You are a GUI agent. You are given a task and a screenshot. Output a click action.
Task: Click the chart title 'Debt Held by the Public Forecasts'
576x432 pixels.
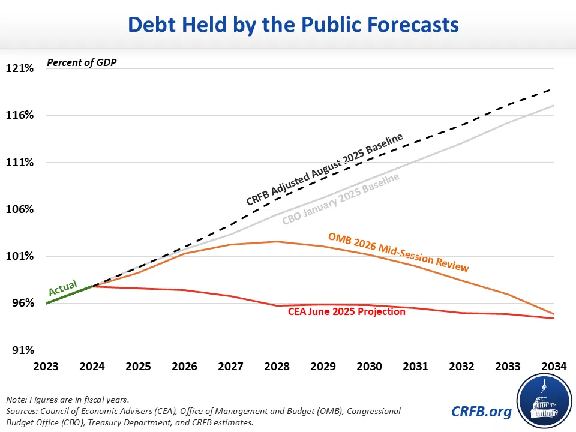tap(288, 25)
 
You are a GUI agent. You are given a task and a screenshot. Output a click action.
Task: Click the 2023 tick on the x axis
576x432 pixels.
tap(46, 365)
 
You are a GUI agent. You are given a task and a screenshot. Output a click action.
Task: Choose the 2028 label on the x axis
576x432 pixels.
tap(277, 365)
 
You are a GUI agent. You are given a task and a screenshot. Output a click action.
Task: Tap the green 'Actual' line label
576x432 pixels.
tap(62, 287)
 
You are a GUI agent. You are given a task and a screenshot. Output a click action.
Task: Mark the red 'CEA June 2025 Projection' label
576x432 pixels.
tap(347, 312)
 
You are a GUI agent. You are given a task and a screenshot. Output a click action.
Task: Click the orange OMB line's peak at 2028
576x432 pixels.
tap(277, 242)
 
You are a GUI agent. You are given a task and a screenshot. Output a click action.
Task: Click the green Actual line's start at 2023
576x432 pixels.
tap(46, 304)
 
